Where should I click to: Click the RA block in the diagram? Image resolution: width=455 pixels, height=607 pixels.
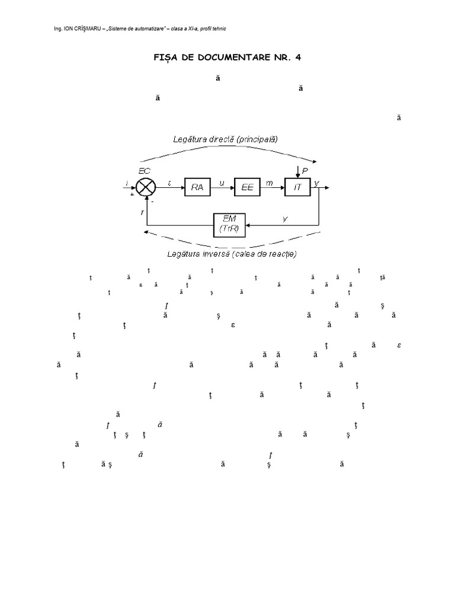[197, 187]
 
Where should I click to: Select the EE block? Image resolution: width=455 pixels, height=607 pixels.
[248, 187]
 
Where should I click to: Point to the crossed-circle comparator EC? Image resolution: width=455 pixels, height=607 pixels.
[146, 187]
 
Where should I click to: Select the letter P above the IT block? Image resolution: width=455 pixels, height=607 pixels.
[305, 171]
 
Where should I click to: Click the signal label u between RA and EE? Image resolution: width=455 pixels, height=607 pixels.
[222, 183]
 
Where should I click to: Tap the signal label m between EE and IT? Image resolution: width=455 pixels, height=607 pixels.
[270, 183]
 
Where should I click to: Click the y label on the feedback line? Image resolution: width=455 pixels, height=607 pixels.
[285, 219]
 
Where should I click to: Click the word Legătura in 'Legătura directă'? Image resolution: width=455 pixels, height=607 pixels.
[189, 139]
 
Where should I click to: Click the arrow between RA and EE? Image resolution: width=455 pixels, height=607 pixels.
[222, 187]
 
